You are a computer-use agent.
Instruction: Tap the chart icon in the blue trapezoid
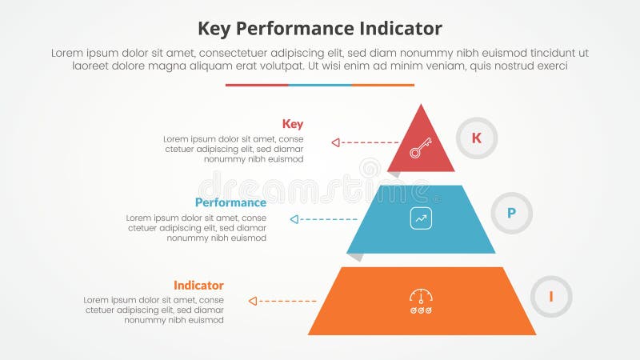[x=421, y=218]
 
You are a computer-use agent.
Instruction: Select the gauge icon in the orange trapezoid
[x=421, y=299]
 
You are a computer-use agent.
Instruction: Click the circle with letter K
[x=476, y=138]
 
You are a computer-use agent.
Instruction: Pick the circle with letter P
[x=511, y=213]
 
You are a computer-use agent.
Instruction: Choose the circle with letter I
[x=551, y=297]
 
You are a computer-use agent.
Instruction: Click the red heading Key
[x=293, y=124]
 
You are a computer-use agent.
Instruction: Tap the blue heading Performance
[x=230, y=202]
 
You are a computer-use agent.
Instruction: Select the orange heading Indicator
[x=198, y=286]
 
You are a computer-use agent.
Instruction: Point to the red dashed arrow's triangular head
[x=336, y=142]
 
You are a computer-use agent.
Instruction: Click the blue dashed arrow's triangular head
[x=295, y=218]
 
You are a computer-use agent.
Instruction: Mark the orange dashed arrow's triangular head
[x=253, y=301]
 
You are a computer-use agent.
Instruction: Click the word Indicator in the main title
[x=397, y=29]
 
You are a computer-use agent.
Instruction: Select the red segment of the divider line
[x=257, y=85]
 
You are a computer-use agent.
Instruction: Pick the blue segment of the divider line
[x=320, y=85]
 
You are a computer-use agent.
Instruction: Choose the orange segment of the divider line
[x=383, y=85]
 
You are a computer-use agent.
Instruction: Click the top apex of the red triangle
[x=421, y=106]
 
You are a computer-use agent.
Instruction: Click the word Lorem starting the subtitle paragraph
[x=67, y=53]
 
